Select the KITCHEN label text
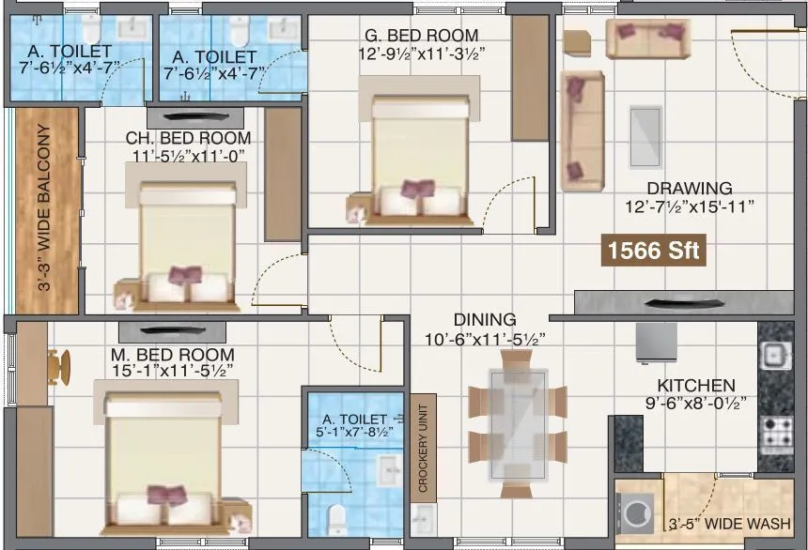[x=695, y=386]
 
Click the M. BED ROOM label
[x=171, y=355]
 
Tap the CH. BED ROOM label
[x=189, y=139]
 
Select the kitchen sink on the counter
[x=775, y=355]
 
